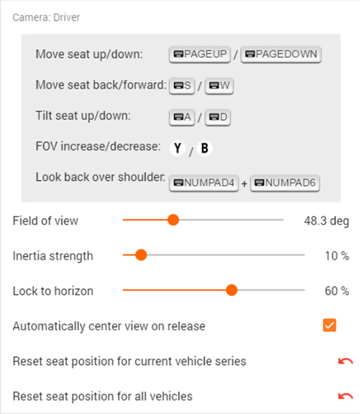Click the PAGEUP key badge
click(200, 55)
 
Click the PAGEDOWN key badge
click(281, 55)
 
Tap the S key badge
click(182, 86)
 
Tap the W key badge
click(219, 86)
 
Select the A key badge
click(182, 117)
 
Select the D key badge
click(218, 117)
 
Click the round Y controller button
click(178, 148)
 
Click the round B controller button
click(205, 148)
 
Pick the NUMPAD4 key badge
click(203, 183)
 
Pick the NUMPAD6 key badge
click(285, 183)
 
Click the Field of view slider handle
click(173, 219)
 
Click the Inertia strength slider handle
click(141, 255)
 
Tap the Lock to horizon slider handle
click(232, 290)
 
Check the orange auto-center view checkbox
click(330, 325)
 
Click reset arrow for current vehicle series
click(346, 361)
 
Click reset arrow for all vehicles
click(346, 396)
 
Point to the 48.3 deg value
click(326, 221)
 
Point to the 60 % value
click(337, 291)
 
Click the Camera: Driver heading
click(46, 17)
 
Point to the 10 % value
click(337, 256)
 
